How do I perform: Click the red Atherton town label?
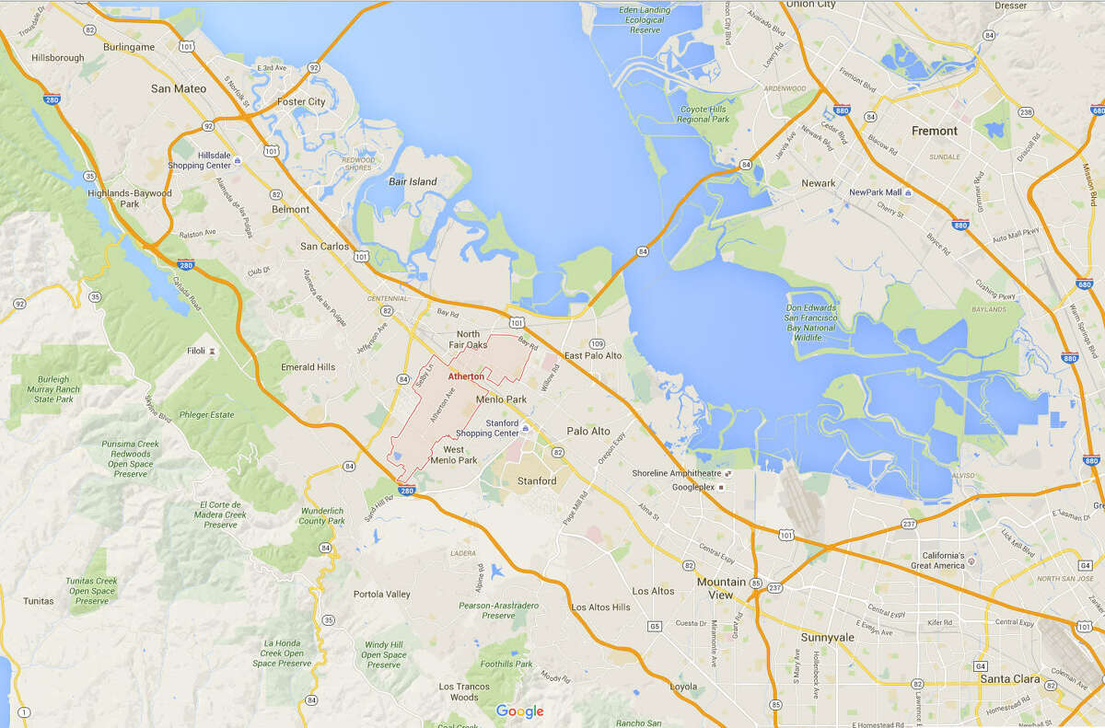[465, 376]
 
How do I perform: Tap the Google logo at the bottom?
[519, 711]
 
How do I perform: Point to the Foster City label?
[301, 102]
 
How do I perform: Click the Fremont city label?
[934, 131]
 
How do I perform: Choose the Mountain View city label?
[721, 588]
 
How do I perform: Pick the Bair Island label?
[412, 182]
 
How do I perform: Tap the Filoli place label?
[195, 352]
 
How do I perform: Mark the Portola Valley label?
[382, 594]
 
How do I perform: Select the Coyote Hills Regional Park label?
[703, 114]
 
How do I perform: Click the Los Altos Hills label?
[600, 607]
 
